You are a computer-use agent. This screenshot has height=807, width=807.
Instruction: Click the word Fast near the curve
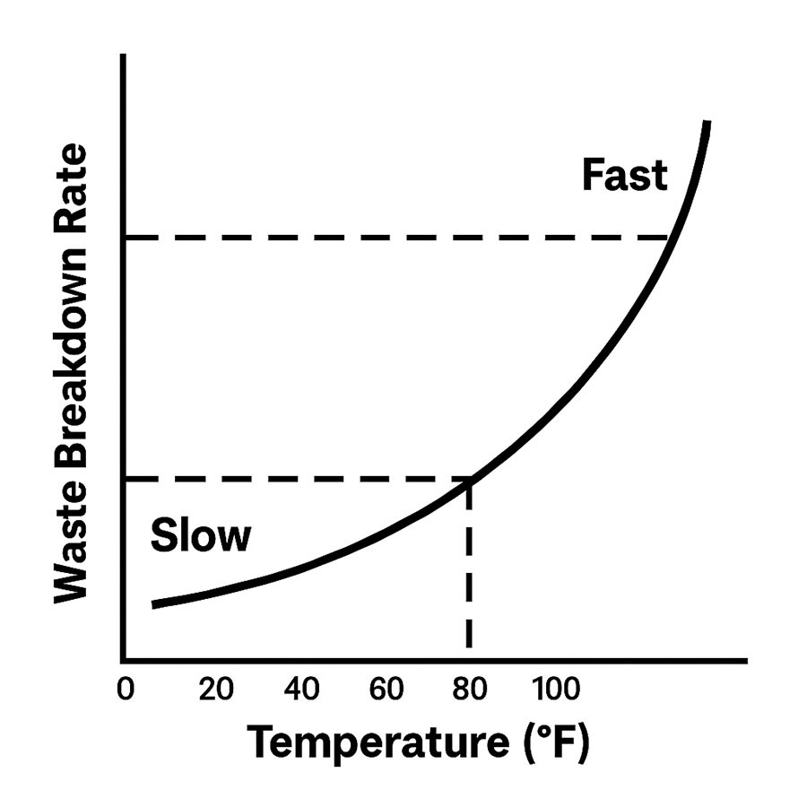click(624, 175)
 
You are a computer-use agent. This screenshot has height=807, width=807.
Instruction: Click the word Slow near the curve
click(201, 535)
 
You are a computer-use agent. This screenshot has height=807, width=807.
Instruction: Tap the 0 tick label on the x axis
click(126, 690)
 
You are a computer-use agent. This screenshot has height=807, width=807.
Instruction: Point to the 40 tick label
click(301, 690)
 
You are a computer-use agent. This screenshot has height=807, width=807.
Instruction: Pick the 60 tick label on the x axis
click(386, 690)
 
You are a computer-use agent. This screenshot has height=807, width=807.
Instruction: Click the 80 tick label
click(470, 690)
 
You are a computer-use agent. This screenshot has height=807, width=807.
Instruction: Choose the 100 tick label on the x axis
click(557, 690)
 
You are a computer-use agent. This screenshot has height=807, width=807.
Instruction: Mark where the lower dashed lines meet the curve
click(469, 481)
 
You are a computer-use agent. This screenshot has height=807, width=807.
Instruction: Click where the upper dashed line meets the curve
click(669, 238)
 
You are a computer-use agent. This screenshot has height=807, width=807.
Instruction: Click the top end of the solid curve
click(707, 123)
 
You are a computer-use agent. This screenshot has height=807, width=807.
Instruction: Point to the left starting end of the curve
click(154, 604)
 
